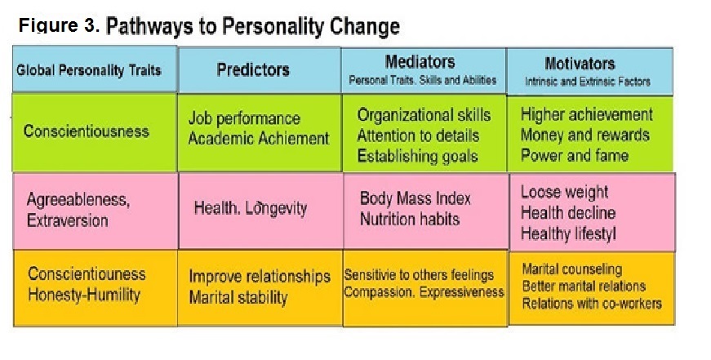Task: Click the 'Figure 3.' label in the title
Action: (59, 25)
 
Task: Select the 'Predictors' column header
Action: (253, 70)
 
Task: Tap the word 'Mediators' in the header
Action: (420, 62)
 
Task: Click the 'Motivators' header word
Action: (580, 64)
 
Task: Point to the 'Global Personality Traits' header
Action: (89, 70)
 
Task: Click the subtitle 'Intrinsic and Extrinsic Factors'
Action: (588, 82)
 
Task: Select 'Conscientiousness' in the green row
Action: (87, 131)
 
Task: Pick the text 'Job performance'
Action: (244, 118)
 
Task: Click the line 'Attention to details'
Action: (418, 136)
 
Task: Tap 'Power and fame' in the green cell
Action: (575, 156)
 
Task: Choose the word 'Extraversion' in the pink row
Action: (68, 220)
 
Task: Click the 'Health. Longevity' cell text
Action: (251, 208)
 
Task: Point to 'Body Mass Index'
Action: (415, 198)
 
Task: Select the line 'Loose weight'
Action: (565, 192)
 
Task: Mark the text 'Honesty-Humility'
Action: (84, 295)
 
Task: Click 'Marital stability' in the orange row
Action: (238, 297)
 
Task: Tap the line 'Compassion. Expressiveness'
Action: (424, 292)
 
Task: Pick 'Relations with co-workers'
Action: (592, 304)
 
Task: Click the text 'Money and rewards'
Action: (585, 135)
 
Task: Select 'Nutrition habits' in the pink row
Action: (410, 220)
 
